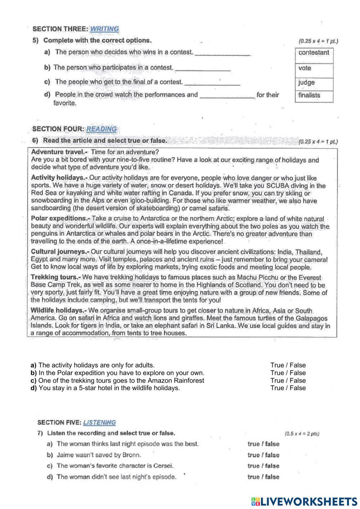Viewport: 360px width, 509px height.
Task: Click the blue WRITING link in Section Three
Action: click(104, 29)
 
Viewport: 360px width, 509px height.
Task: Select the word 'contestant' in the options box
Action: click(314, 53)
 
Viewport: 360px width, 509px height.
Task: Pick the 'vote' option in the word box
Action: click(305, 68)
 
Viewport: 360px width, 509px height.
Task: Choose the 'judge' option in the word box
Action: click(306, 82)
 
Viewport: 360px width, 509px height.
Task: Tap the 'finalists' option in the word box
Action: click(309, 95)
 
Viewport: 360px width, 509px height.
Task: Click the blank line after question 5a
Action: click(222, 54)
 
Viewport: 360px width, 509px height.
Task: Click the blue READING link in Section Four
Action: click(102, 129)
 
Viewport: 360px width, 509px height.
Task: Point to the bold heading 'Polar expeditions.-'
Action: click(60, 219)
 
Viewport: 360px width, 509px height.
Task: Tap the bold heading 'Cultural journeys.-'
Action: click(60, 252)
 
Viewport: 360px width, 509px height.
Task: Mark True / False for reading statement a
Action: click(288, 365)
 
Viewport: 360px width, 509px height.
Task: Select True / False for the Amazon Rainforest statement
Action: click(288, 380)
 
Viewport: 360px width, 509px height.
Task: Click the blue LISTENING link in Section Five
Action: click(99, 423)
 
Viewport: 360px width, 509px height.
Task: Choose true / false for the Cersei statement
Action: click(263, 466)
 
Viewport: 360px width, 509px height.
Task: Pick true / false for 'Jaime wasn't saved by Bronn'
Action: click(263, 455)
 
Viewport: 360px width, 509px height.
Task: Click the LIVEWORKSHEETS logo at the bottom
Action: click(304, 501)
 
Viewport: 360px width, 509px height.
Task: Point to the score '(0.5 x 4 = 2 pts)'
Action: click(302, 434)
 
